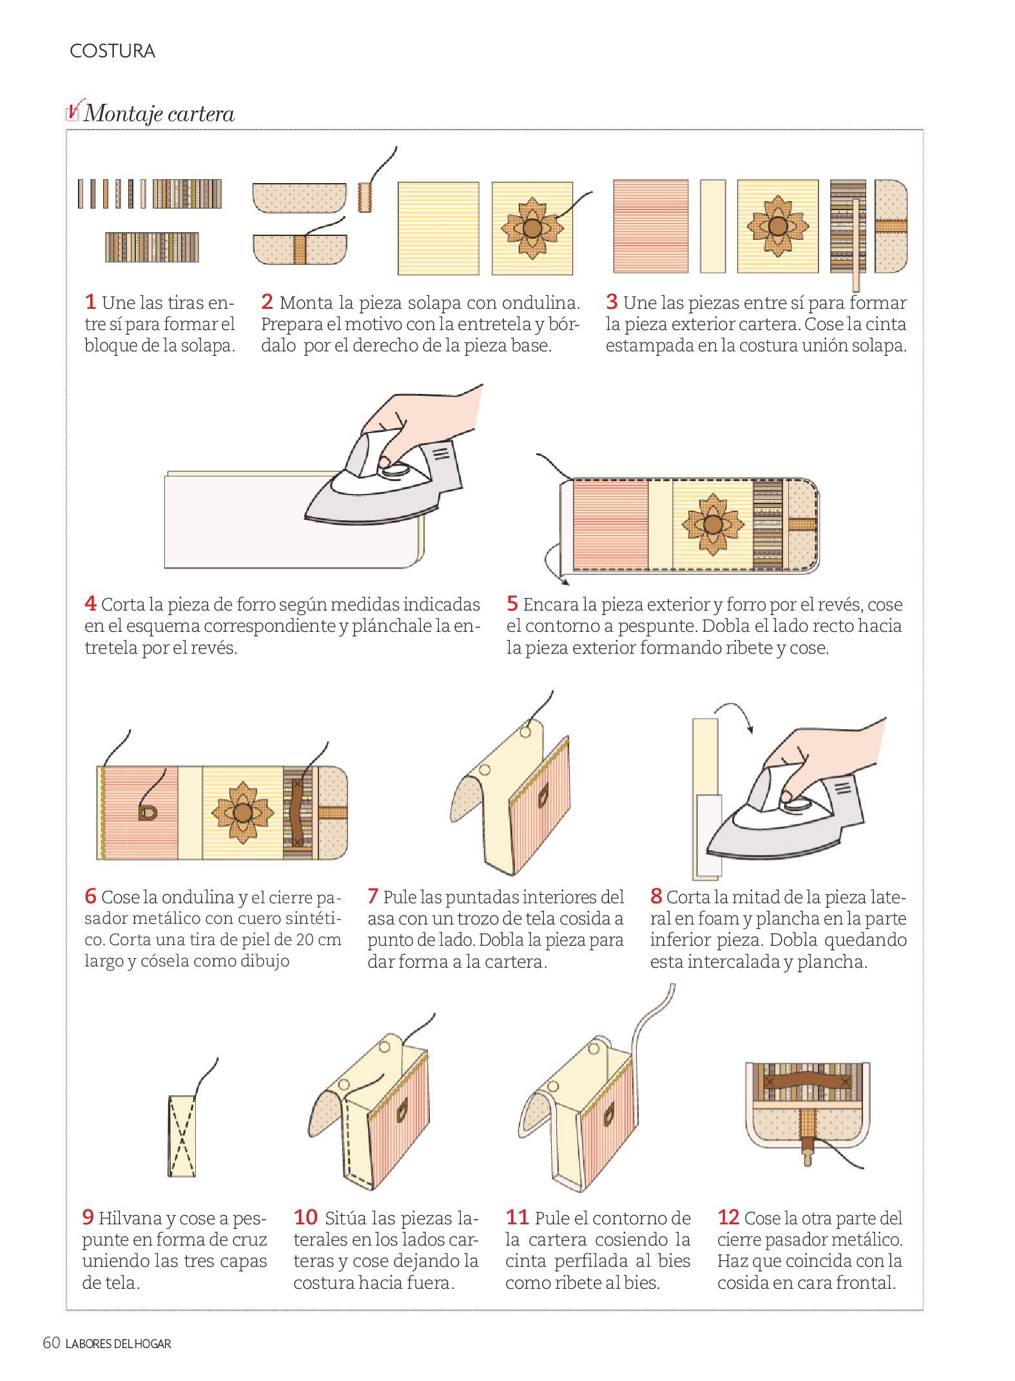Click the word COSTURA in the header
pos(112,51)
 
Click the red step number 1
pos(90,302)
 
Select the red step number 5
pos(512,603)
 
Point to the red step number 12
pos(728,1217)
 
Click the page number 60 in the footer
pos(51,1343)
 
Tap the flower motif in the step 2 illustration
pos(532,228)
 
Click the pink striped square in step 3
pos(651,226)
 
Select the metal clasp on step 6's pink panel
pos(148,812)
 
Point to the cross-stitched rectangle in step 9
pos(182,1135)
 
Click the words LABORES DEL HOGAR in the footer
pos(119,1344)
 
